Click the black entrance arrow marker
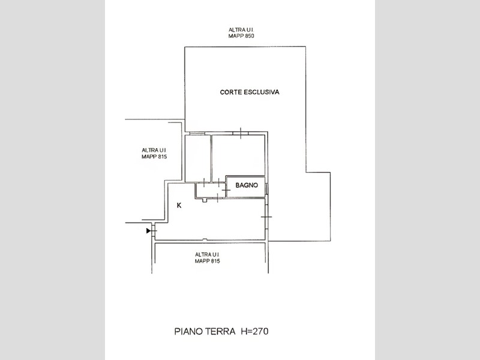click(x=148, y=230)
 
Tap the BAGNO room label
click(x=247, y=185)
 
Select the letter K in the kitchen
click(x=179, y=205)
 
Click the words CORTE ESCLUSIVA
click(x=250, y=92)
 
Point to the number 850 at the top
click(x=249, y=36)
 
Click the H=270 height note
click(x=254, y=331)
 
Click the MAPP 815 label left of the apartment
click(x=154, y=157)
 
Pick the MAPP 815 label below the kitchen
click(x=208, y=261)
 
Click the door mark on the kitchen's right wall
click(x=266, y=217)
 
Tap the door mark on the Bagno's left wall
click(x=226, y=190)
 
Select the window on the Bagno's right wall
click(x=266, y=188)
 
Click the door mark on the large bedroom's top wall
click(x=241, y=133)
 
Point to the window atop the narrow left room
click(x=197, y=133)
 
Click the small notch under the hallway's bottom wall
click(x=205, y=200)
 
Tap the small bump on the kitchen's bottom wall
click(x=205, y=239)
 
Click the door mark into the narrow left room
click(x=204, y=182)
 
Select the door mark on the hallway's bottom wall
click(x=217, y=198)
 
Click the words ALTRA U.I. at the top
click(x=241, y=29)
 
